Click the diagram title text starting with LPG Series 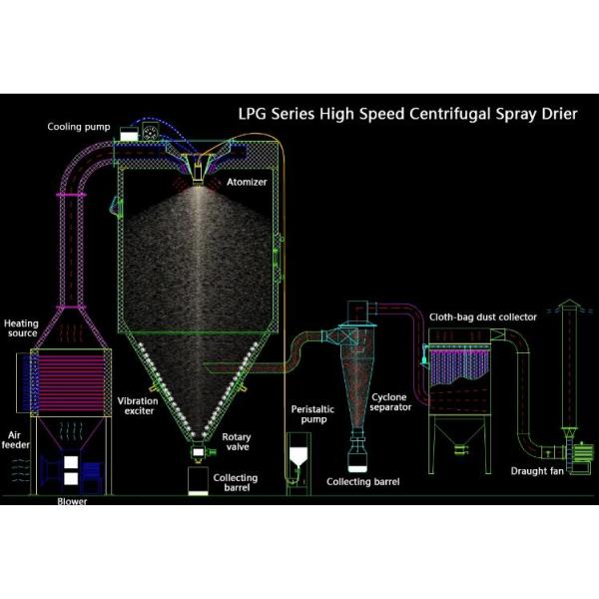[x=404, y=114]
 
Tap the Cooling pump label [x=79, y=127]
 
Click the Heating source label [x=21, y=329]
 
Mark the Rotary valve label [x=238, y=442]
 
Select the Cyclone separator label [x=390, y=401]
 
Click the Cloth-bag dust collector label [x=483, y=316]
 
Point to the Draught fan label [x=534, y=470]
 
